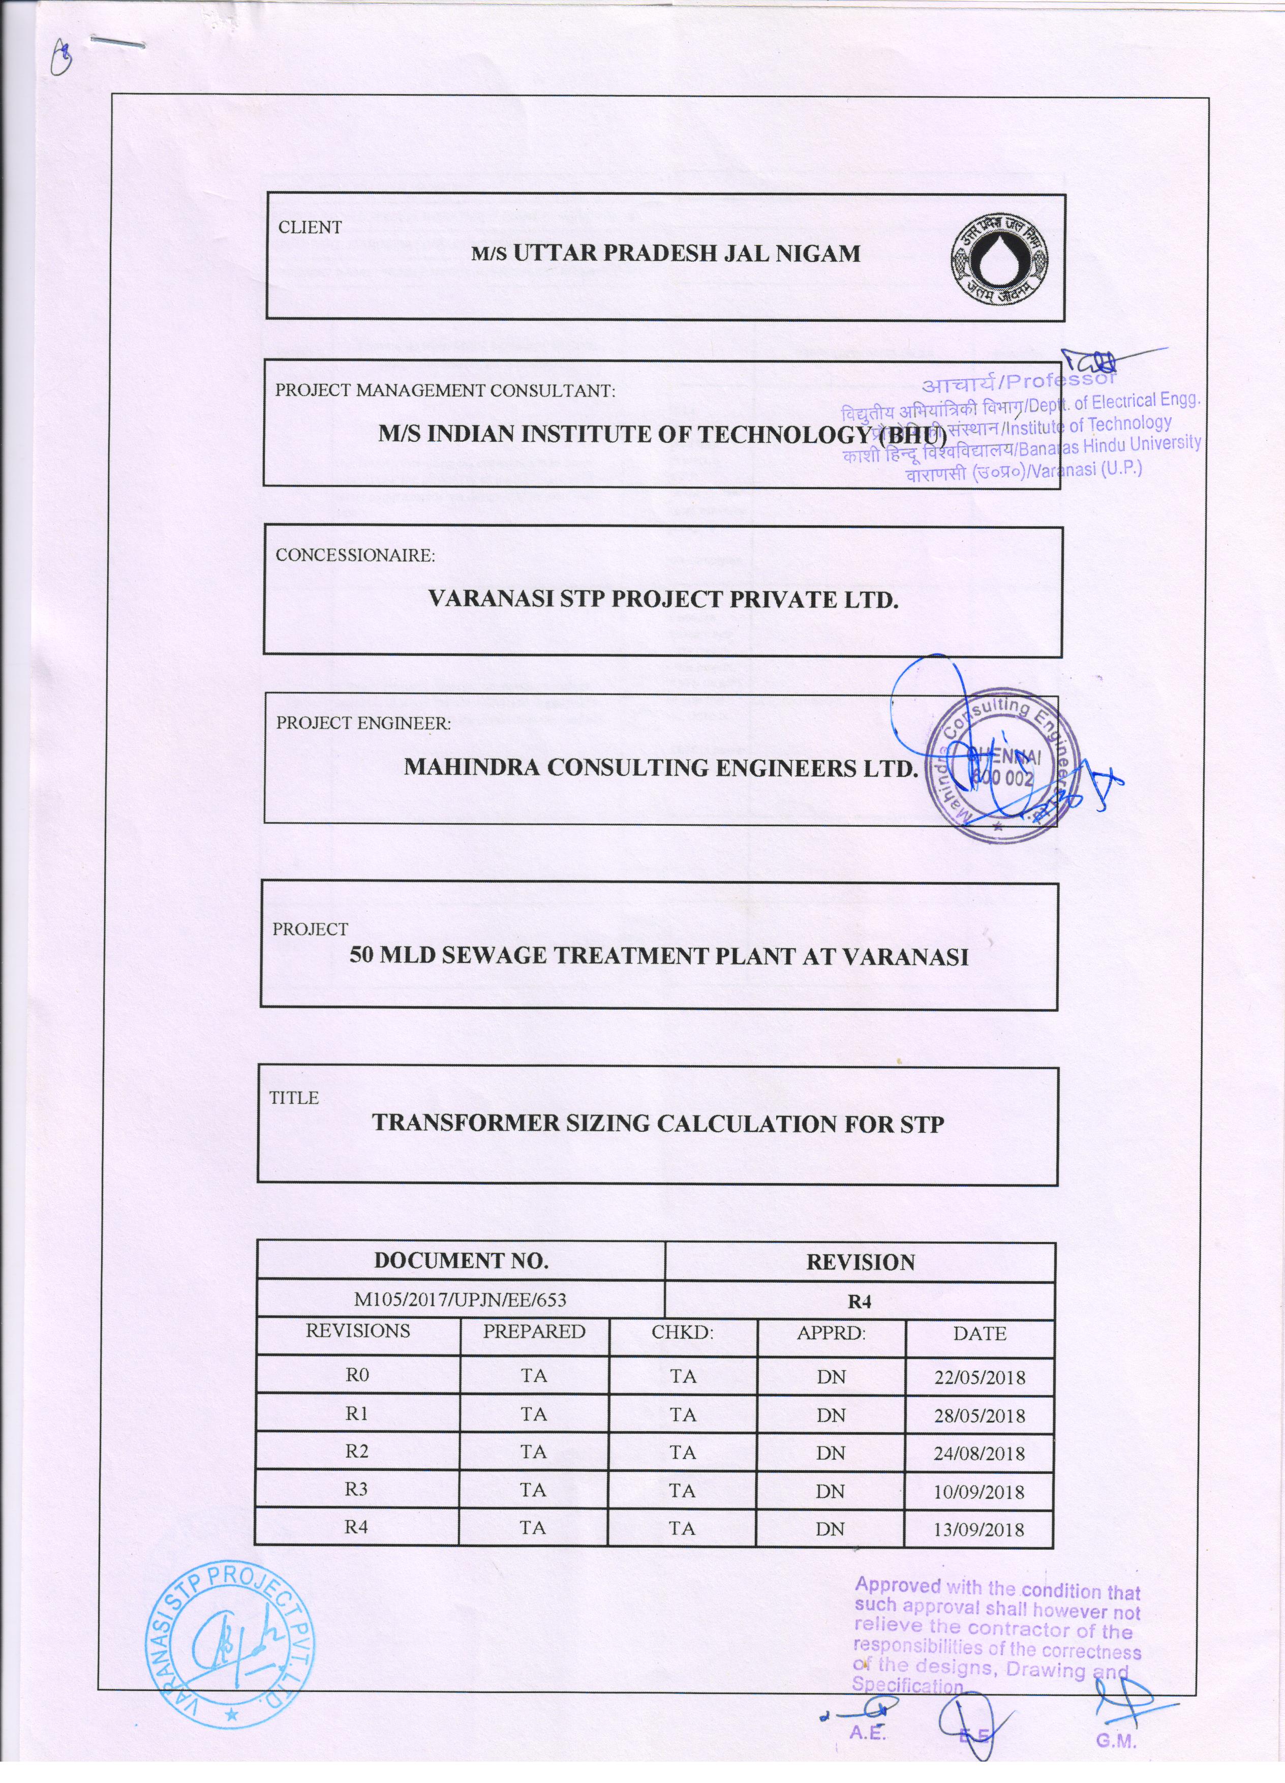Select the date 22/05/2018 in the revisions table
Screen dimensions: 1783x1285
tap(980, 1377)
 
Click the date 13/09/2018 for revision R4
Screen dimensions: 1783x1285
tap(980, 1529)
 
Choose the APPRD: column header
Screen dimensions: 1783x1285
tap(831, 1334)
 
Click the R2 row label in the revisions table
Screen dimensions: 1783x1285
tap(357, 1451)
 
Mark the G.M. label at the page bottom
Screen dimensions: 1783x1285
tap(1116, 1763)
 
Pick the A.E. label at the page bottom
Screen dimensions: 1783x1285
tap(868, 1756)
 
